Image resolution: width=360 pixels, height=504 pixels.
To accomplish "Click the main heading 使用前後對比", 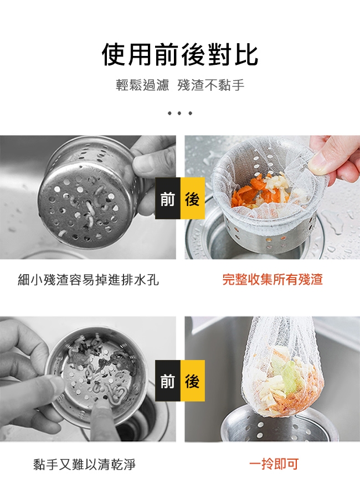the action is click(180, 55).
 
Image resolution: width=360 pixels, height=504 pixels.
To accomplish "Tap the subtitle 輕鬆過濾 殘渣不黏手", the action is click(180, 85).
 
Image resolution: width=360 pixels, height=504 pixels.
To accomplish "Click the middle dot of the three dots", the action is click(180, 113).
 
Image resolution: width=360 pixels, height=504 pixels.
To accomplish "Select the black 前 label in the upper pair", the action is click(168, 198).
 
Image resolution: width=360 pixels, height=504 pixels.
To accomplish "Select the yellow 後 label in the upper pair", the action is click(193, 198).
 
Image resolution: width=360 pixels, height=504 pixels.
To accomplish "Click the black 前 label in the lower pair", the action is click(168, 380).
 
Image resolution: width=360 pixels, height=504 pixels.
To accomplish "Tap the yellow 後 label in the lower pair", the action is click(193, 380).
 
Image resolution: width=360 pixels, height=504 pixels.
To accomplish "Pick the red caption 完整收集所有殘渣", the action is click(272, 279).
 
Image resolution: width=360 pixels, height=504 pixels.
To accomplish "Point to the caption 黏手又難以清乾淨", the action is click(85, 464).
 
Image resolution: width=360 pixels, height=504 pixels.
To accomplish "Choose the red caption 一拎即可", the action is click(274, 464).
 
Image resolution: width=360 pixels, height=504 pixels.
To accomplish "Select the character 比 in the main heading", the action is click(246, 55).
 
